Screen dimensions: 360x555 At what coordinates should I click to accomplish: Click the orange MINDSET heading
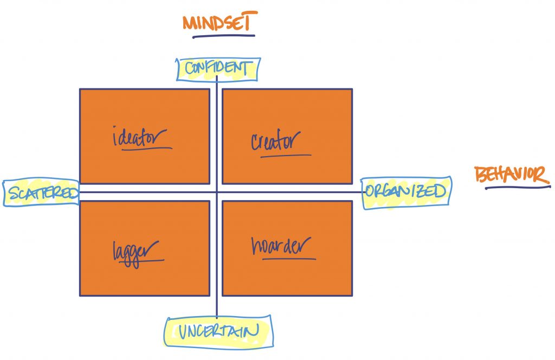(x=219, y=23)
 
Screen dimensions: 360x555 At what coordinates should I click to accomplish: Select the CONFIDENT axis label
(x=218, y=68)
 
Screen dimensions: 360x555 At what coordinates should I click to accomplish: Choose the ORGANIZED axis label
(x=405, y=191)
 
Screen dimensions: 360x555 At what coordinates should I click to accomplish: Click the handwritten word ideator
(x=139, y=137)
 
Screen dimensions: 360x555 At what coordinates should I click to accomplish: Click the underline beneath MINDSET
(x=223, y=37)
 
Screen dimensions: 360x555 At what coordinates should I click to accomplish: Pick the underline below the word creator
(x=286, y=156)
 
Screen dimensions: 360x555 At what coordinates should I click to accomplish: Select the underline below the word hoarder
(x=289, y=259)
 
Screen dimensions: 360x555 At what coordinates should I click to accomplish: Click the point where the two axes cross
(x=217, y=192)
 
